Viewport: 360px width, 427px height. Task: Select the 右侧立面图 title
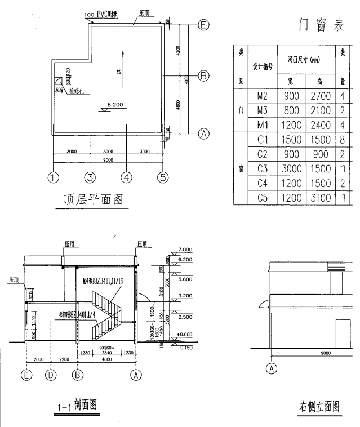tap(319, 406)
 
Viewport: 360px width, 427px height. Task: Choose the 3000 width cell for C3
tap(291, 168)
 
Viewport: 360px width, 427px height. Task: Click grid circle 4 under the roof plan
tap(127, 177)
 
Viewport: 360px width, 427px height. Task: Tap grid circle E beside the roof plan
tap(204, 25)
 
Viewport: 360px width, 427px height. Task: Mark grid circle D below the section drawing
tap(51, 375)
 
